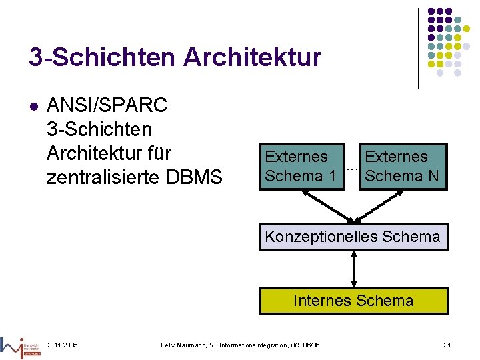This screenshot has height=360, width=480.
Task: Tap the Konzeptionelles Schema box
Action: pos(353,237)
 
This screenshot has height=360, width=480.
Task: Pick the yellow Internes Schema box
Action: pos(353,301)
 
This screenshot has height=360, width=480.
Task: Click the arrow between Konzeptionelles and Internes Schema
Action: pos(354,269)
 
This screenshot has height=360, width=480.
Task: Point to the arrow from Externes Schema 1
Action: pos(327,204)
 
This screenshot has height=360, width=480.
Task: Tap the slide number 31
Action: pos(447,344)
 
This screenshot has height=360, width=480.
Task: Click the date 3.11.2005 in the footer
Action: pos(63,344)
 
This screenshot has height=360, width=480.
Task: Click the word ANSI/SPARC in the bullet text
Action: pos(107,105)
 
